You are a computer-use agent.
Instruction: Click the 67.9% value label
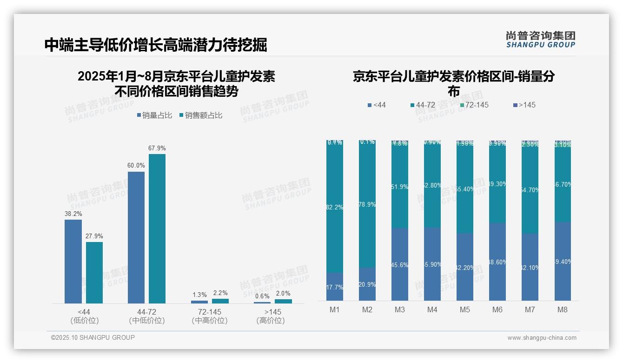coord(157,148)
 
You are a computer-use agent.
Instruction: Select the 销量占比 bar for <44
coord(73,262)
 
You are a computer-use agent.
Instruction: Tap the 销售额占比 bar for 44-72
coord(157,229)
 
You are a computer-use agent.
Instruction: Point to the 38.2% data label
coord(73,214)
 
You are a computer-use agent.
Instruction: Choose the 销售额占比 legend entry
coord(201,115)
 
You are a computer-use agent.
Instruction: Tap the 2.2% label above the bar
coord(220,293)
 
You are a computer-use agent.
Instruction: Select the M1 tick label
coord(335,310)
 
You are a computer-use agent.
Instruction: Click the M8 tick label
coord(562,310)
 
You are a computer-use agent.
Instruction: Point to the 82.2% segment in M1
coord(335,207)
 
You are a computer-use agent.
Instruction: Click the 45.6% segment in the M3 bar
coord(400,264)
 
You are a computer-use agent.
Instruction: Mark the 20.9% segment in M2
coord(367,284)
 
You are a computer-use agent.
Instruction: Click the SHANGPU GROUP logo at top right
coord(541,40)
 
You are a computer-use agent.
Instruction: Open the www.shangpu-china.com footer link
coord(542,338)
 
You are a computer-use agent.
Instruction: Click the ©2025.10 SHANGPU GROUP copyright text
coord(93,337)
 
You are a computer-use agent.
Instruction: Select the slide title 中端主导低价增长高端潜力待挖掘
coord(156,45)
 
